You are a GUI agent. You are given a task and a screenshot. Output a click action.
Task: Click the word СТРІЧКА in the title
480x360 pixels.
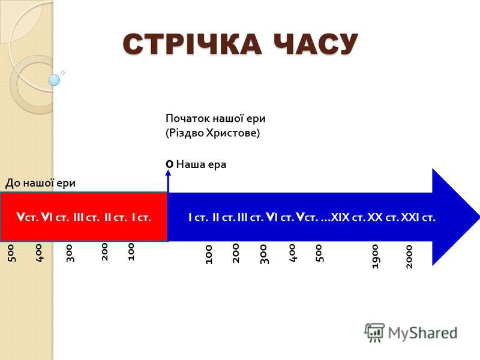pos(192,44)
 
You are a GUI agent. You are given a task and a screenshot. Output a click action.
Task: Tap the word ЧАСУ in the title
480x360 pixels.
pos(316,44)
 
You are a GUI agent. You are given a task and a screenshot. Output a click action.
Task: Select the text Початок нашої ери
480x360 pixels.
pos(215,118)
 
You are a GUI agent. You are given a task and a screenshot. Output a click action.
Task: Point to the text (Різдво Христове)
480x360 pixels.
pos(213,133)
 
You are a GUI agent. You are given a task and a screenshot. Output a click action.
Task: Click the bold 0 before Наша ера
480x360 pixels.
pos(169,164)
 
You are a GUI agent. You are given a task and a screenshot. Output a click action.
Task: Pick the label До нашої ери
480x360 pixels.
pos(40,183)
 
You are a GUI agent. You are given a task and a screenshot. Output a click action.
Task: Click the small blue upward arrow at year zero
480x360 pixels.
pos(168,181)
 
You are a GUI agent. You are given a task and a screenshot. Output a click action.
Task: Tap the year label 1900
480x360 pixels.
pos(376,257)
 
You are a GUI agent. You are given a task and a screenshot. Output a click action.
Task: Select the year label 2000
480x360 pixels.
pos(409,257)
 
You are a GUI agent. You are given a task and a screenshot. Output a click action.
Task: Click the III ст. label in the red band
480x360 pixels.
pos(86,218)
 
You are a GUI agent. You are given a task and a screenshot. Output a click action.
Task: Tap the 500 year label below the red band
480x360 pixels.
pos(11,253)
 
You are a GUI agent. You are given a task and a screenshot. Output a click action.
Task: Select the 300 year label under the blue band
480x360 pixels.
pos(264,254)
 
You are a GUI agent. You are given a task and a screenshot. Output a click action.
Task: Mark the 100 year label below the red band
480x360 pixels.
pos(131,251)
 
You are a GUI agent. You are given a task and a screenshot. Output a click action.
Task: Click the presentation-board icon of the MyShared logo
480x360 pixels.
pos(374,332)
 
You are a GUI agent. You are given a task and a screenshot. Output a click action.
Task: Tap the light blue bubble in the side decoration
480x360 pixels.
pos(54,80)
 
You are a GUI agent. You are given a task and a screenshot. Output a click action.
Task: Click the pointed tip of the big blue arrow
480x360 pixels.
pos(479,217)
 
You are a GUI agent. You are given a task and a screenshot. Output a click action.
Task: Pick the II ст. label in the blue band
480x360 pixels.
pos(224,218)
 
